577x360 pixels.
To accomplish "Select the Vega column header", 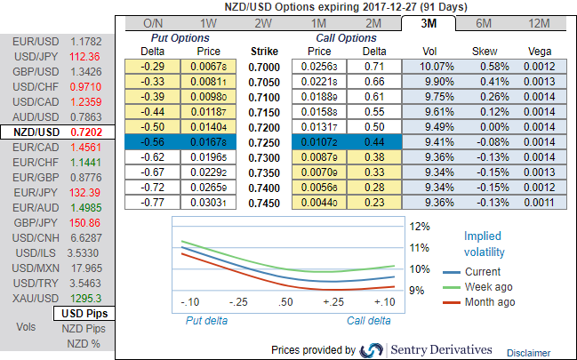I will (541, 51).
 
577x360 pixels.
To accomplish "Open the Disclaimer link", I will (528, 352).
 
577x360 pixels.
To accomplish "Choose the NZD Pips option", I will (84, 329).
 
